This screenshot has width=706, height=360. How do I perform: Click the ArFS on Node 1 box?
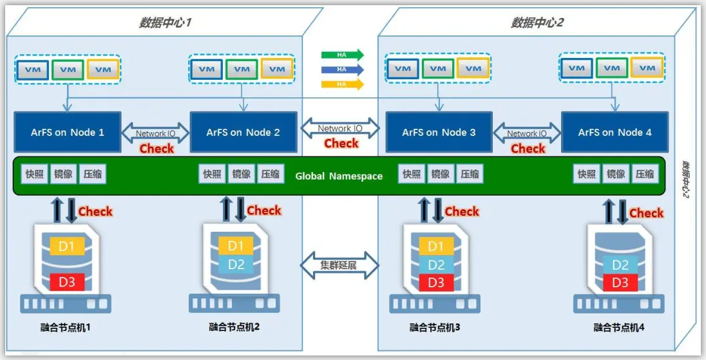click(x=68, y=132)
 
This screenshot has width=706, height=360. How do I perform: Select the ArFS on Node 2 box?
click(x=243, y=132)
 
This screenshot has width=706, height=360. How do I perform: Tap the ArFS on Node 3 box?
click(x=439, y=132)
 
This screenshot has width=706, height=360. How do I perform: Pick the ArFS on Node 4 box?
click(x=615, y=132)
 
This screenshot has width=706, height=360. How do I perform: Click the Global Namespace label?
click(x=339, y=176)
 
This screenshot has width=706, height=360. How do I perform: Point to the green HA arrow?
click(x=342, y=55)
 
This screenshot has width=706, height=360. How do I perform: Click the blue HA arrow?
click(x=342, y=69)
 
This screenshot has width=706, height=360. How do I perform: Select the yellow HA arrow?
click(x=342, y=83)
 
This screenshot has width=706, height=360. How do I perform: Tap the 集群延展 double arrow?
click(x=340, y=265)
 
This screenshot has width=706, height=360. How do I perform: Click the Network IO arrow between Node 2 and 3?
click(x=340, y=129)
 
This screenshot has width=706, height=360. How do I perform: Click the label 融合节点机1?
click(x=65, y=328)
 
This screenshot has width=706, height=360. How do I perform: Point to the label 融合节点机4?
click(x=619, y=328)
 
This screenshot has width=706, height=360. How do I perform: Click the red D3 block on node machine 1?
click(x=67, y=282)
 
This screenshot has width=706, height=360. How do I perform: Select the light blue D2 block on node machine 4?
click(x=620, y=265)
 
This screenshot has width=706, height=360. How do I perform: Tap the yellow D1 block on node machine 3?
click(x=436, y=246)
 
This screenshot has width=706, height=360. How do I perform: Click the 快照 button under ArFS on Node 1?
click(x=34, y=174)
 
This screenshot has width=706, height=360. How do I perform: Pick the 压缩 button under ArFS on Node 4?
click(x=645, y=174)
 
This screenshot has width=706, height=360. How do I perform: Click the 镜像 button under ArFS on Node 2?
click(x=242, y=174)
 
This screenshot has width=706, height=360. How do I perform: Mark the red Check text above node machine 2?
click(x=264, y=210)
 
